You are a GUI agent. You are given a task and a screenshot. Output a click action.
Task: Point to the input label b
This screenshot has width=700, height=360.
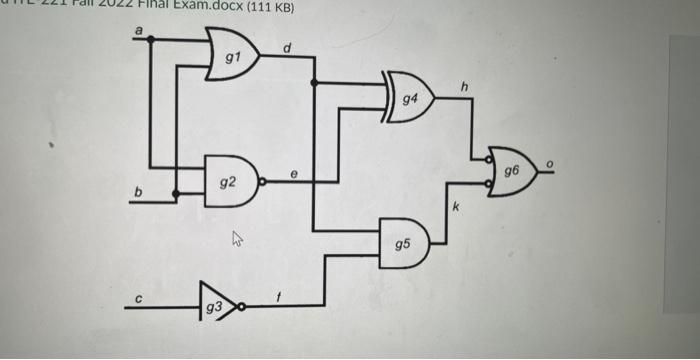[x=140, y=190]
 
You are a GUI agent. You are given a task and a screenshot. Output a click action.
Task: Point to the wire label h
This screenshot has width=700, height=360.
[x=464, y=88]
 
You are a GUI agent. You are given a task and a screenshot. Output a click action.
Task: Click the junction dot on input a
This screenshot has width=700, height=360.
[x=151, y=40]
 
